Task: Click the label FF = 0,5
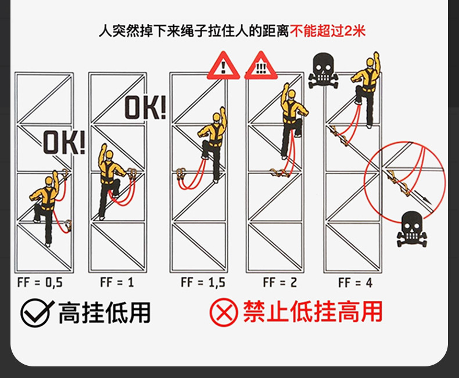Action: (40, 283)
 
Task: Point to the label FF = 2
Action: (279, 283)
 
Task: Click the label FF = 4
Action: (356, 283)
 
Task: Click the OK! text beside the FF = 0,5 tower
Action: (64, 143)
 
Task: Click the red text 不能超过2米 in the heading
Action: (328, 30)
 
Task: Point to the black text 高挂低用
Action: (104, 312)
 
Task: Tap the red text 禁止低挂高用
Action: (313, 312)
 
